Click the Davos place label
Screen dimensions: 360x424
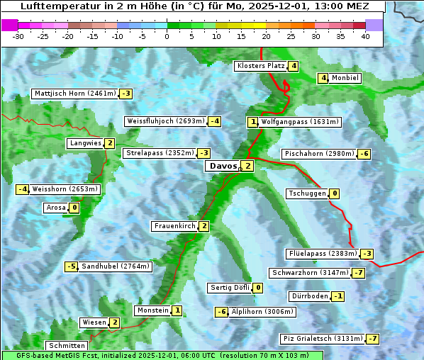(222, 166)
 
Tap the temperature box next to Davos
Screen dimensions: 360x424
(247, 166)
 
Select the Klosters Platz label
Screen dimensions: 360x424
(260, 66)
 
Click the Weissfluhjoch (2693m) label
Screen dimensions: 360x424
(166, 121)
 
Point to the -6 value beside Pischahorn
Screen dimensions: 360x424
(364, 154)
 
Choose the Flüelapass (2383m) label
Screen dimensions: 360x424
(323, 254)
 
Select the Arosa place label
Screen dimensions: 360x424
(55, 208)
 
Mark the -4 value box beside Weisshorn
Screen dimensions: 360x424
(23, 189)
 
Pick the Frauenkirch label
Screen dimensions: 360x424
(174, 226)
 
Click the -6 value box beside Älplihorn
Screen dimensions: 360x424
(222, 312)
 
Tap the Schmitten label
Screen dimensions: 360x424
(66, 346)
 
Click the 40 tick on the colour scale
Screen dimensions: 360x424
(365, 36)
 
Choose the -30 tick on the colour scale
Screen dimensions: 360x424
(18, 36)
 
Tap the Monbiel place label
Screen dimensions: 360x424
(345, 78)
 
